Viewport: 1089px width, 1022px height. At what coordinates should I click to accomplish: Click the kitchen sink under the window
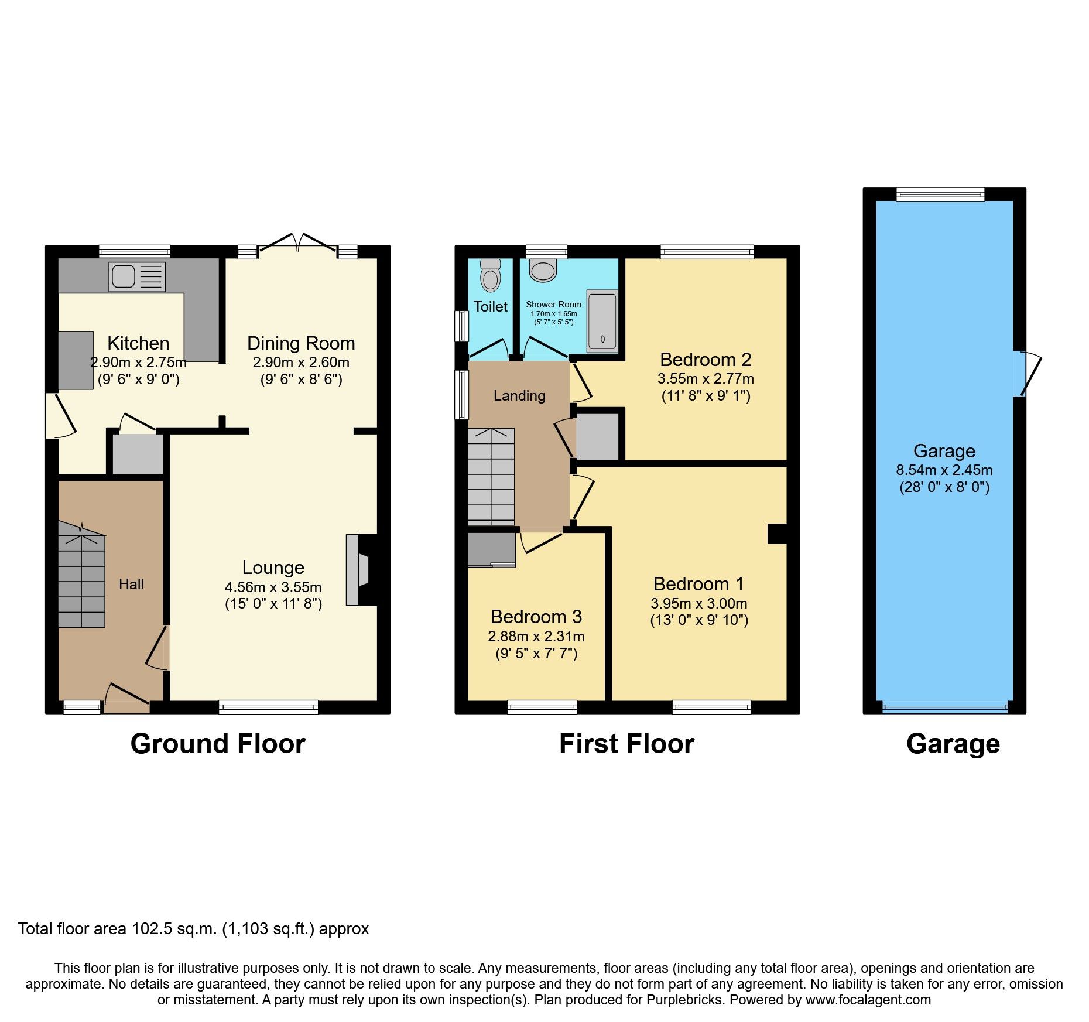pyautogui.click(x=137, y=276)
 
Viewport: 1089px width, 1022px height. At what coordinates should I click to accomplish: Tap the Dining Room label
pyautogui.click(x=301, y=343)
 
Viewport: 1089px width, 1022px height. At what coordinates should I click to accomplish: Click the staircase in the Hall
pyautogui.click(x=81, y=580)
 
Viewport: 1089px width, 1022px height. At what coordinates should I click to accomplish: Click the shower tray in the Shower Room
pyautogui.click(x=602, y=321)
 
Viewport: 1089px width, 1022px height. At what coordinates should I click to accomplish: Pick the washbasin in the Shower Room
pyautogui.click(x=543, y=271)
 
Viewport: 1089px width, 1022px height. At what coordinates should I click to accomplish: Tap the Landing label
pyautogui.click(x=519, y=396)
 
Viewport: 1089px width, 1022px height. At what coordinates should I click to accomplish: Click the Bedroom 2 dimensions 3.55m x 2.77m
pyautogui.click(x=706, y=378)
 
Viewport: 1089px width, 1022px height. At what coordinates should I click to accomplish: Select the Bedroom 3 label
pyautogui.click(x=536, y=617)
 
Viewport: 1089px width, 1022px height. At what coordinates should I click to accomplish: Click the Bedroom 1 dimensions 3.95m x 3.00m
pyautogui.click(x=698, y=603)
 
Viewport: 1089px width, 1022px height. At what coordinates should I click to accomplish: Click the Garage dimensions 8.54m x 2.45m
pyautogui.click(x=944, y=470)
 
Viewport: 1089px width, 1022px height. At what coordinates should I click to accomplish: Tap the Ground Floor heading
pyautogui.click(x=218, y=744)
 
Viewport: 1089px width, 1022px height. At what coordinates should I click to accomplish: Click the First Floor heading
pyautogui.click(x=626, y=744)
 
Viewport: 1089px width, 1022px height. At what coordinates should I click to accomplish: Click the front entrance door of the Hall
pyautogui.click(x=127, y=700)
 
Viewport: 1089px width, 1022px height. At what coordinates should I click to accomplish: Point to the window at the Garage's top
pyautogui.click(x=940, y=194)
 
